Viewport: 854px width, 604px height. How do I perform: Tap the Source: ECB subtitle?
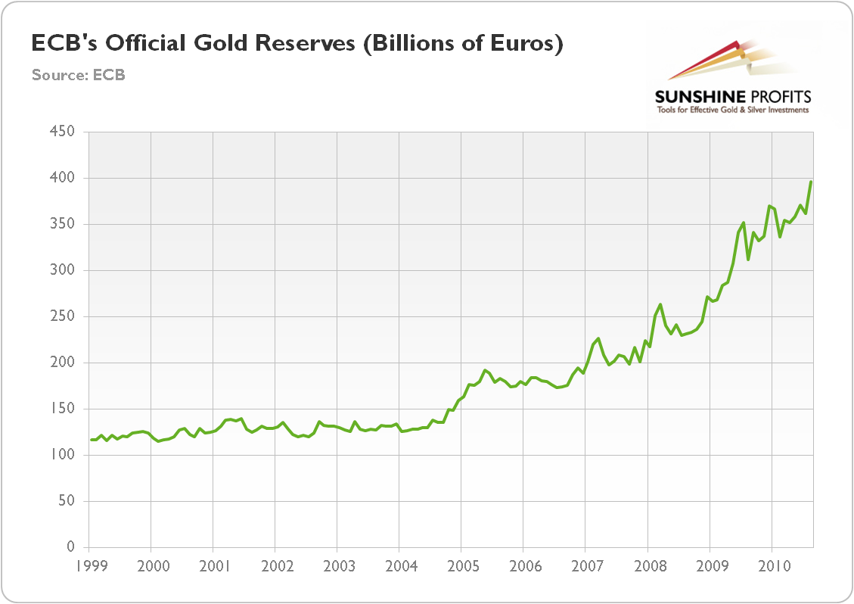coord(78,75)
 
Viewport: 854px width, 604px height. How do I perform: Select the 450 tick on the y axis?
coord(64,132)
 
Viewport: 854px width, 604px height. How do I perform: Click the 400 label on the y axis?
coord(64,179)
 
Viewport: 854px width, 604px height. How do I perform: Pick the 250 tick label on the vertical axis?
coord(64,317)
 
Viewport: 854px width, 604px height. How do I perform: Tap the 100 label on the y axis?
coord(64,456)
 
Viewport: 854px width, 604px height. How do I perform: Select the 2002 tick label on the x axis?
coord(275,565)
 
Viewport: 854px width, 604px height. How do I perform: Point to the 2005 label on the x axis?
coord(461,565)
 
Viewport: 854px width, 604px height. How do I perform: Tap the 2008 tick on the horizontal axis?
coord(647,565)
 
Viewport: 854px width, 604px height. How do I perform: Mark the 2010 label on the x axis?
coord(771,565)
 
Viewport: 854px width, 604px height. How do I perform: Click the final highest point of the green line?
coord(811,182)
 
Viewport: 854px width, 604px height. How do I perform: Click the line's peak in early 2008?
coord(660,304)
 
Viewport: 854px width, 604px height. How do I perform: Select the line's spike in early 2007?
coord(598,338)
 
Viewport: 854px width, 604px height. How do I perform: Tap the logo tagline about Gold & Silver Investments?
coord(732,111)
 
